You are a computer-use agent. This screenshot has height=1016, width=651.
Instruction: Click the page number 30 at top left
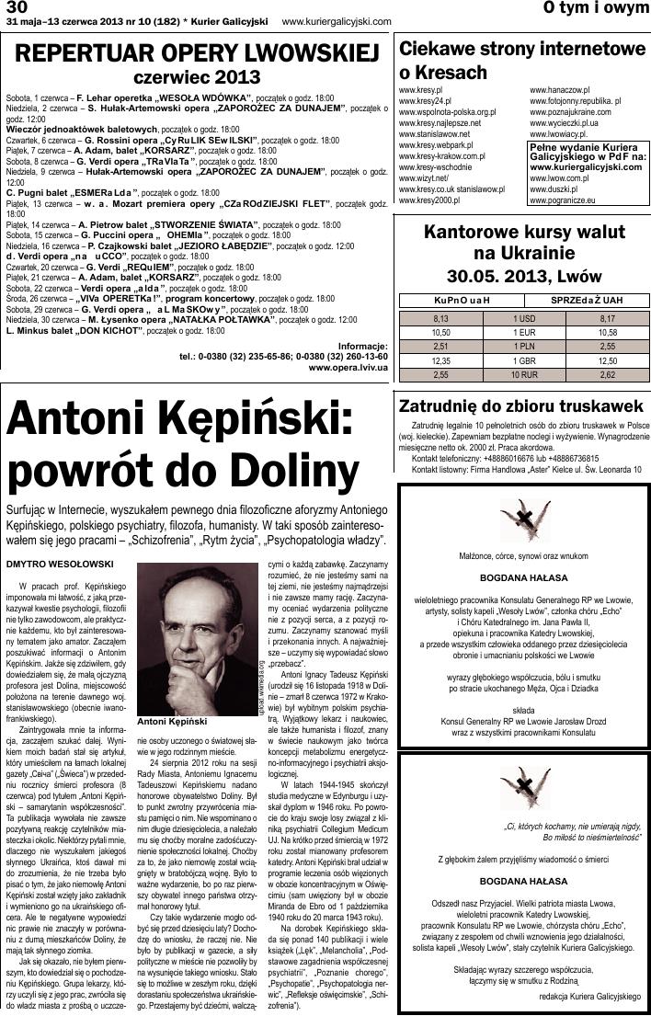(x=17, y=8)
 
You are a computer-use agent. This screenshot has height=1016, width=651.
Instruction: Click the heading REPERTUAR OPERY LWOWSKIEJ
(x=198, y=51)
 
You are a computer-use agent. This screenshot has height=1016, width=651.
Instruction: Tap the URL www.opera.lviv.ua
(x=348, y=366)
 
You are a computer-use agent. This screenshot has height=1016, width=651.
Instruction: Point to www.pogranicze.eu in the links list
(x=563, y=200)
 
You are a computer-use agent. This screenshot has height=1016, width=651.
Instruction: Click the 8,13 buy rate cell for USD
(x=440, y=317)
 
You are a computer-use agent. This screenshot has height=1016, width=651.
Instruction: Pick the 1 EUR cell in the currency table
(x=524, y=332)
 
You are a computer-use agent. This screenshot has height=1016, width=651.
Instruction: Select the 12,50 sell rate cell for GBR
(x=607, y=361)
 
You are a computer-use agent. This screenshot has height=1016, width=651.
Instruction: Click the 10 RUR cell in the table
(x=524, y=375)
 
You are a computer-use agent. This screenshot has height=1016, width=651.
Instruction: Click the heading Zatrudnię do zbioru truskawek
(x=520, y=405)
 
